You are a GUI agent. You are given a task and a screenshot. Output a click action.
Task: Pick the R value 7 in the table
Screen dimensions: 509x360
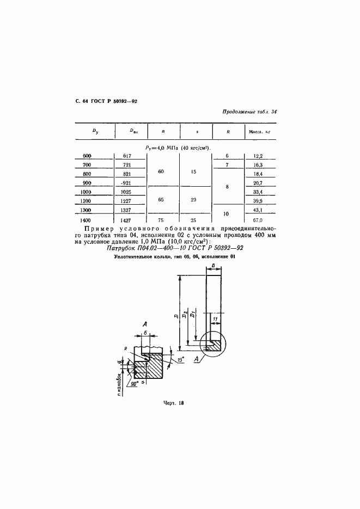point(227,165)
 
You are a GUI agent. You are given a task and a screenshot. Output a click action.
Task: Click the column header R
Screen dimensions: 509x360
point(227,131)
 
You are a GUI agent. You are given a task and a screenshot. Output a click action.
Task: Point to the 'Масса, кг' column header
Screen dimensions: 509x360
point(260,131)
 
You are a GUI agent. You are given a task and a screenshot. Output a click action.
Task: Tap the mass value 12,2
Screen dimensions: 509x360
point(258,156)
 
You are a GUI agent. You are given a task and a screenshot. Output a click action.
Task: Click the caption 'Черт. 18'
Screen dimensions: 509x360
point(174,403)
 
